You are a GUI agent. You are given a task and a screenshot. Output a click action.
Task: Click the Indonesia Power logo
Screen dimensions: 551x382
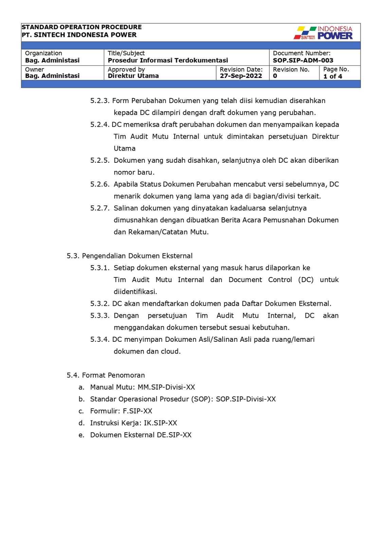pos(323,33)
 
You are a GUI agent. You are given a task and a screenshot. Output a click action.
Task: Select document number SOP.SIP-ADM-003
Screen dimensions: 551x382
pos(303,60)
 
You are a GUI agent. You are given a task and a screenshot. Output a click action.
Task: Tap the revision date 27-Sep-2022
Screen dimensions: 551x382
pos(241,76)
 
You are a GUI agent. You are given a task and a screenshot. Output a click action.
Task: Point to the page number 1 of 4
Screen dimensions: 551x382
pos(332,76)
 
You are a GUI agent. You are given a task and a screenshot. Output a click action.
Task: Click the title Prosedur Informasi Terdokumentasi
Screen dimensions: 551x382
pos(168,60)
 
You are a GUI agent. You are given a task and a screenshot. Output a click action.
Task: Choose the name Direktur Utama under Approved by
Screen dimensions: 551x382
pos(133,76)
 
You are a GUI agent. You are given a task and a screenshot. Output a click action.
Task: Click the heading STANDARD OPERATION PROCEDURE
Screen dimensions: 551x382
pos(81,27)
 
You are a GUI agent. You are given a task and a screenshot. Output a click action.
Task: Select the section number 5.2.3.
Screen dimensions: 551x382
pos(100,101)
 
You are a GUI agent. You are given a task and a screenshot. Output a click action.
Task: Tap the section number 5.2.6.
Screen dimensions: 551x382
pos(100,184)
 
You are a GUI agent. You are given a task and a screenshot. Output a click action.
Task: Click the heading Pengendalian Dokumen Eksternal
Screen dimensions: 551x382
pos(137,256)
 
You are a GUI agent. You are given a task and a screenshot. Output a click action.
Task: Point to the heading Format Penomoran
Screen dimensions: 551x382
pos(113,375)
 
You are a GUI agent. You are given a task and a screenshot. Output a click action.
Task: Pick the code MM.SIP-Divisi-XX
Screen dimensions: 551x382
pos(166,387)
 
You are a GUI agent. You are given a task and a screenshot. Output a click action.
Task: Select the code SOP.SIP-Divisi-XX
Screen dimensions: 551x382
pos(246,399)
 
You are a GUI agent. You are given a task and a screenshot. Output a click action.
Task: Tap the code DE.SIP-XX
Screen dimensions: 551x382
pos(174,435)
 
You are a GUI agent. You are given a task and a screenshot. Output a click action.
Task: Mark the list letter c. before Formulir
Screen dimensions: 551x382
pos(81,411)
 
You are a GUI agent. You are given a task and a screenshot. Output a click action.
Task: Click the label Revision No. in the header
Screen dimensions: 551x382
pos(291,70)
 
